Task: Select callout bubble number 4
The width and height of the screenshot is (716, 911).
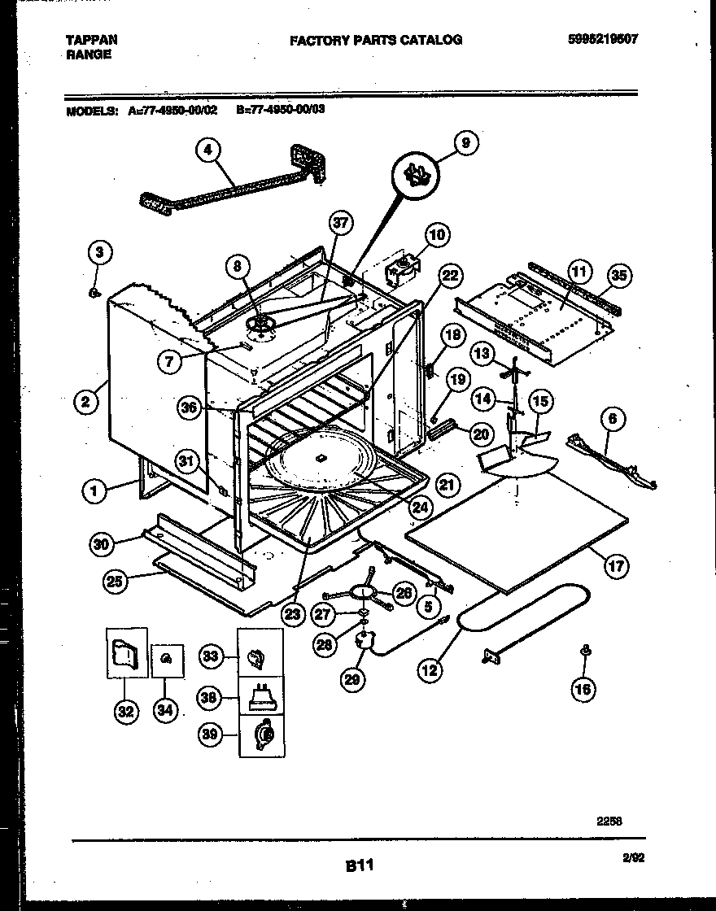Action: (208, 150)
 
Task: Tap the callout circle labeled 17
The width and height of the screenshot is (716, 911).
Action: (616, 566)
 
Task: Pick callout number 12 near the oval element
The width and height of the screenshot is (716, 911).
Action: (430, 670)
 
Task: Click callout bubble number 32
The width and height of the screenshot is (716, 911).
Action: (125, 710)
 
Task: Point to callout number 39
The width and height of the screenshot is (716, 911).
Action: (212, 735)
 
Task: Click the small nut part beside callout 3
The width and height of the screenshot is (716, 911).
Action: (95, 291)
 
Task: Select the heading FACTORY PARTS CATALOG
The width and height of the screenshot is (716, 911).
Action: (376, 39)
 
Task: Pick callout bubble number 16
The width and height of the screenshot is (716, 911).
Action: (583, 690)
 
